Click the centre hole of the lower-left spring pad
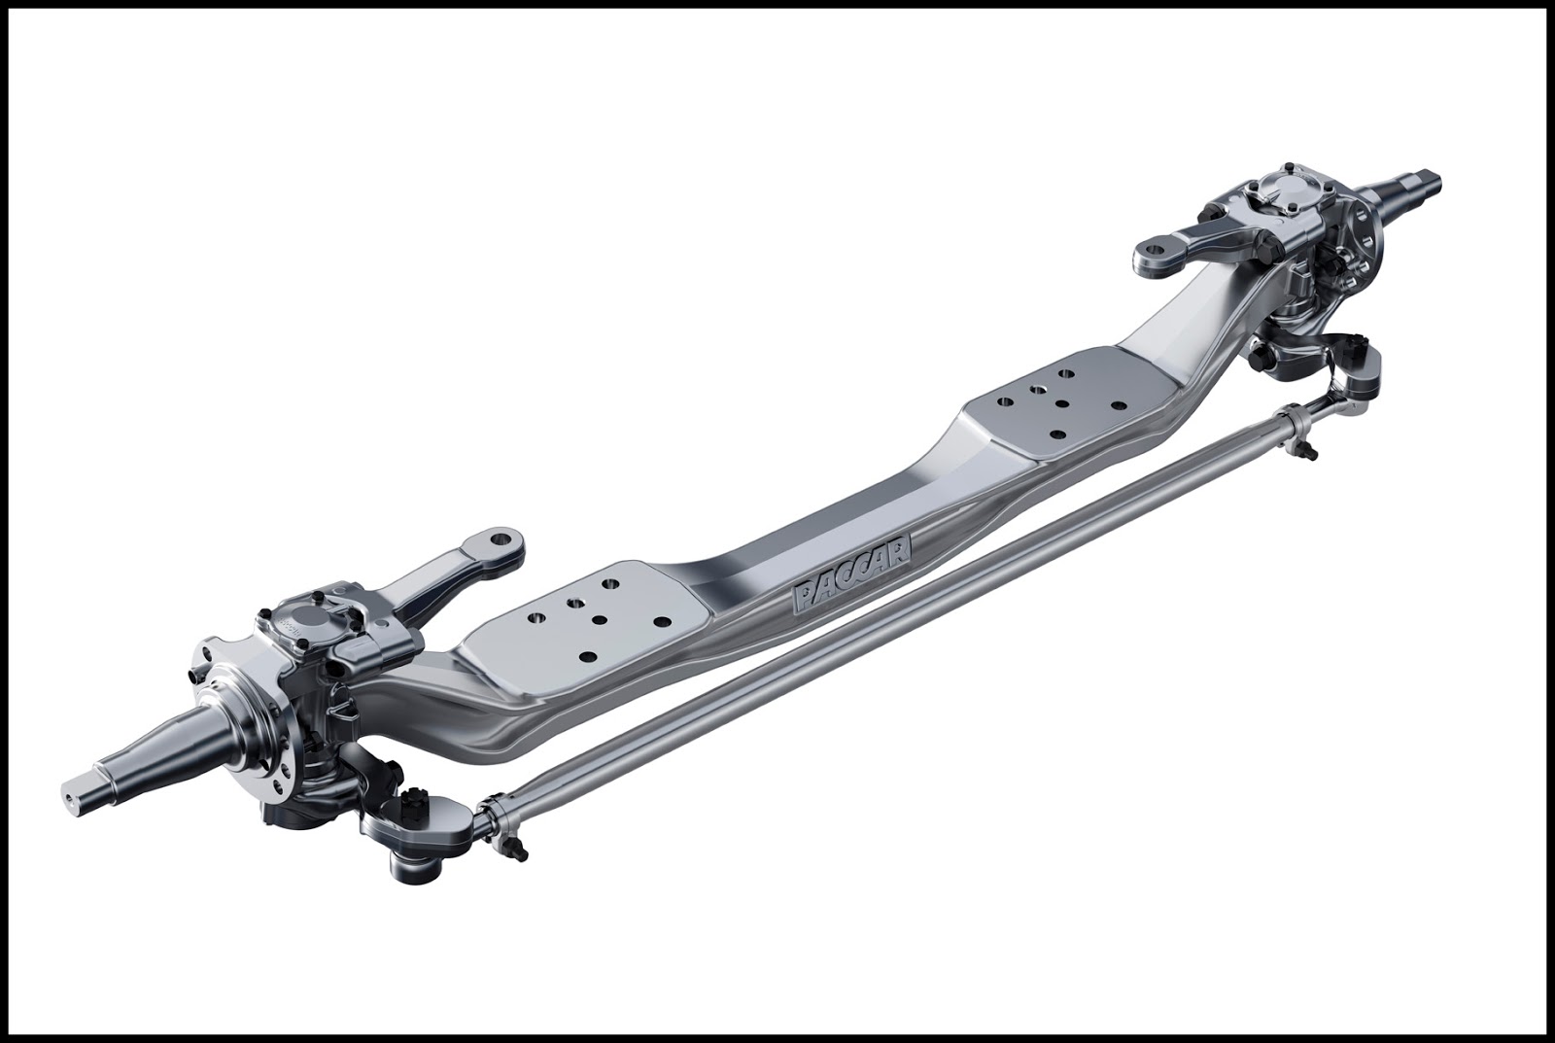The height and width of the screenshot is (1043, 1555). (x=600, y=619)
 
